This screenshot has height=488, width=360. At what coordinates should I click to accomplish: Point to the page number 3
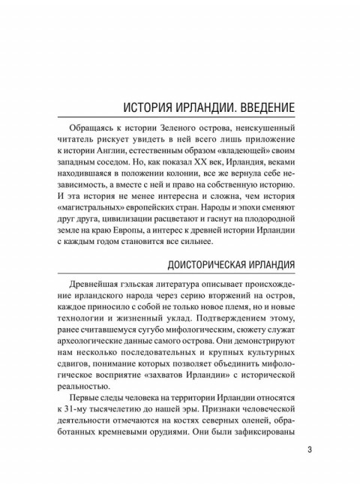(x=310, y=451)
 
